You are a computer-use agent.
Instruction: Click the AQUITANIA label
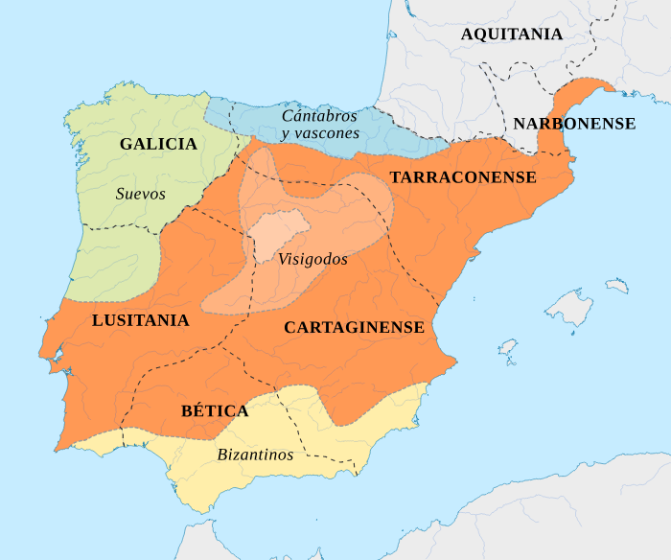[511, 35]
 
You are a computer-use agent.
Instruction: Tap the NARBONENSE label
[573, 124]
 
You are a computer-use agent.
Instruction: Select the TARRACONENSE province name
[463, 177]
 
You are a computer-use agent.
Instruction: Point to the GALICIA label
[158, 144]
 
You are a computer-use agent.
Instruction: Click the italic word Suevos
[141, 194]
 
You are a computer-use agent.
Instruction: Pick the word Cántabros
[319, 116]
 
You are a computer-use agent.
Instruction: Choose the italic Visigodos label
[312, 259]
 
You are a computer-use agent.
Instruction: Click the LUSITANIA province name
[140, 320]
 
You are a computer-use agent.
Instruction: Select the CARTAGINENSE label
[354, 328]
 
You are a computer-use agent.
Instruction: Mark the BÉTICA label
[215, 410]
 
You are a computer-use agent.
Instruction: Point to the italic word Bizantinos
[255, 455]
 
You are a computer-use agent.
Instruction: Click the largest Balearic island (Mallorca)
[574, 308]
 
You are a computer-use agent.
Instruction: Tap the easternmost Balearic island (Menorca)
[616, 285]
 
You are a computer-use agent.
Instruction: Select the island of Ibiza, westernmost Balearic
[508, 346]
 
